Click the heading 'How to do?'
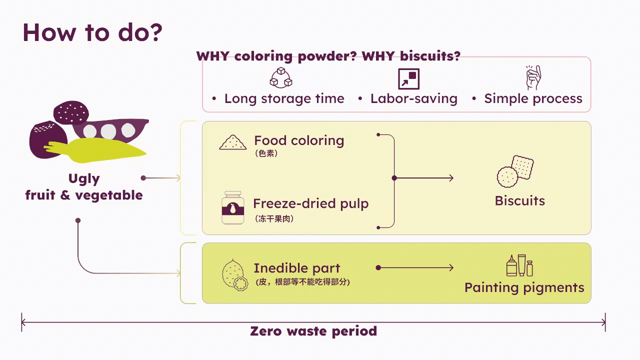click(x=92, y=32)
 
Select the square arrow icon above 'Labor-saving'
click(x=408, y=78)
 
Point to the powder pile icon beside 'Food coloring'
click(x=233, y=143)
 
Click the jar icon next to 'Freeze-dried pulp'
click(x=233, y=207)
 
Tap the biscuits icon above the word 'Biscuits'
click(x=515, y=170)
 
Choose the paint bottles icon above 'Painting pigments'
click(x=519, y=265)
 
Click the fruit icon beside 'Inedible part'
click(x=234, y=275)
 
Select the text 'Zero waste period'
click(x=313, y=331)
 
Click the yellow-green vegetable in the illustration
click(x=100, y=149)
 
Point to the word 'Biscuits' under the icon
click(x=519, y=201)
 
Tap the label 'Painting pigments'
click(x=524, y=287)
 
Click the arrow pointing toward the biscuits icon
click(x=425, y=177)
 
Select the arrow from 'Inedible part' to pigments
click(x=415, y=268)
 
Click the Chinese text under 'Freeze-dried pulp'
click(x=273, y=218)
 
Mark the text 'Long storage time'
click(x=284, y=98)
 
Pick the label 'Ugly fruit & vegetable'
click(x=84, y=187)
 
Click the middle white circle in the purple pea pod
click(x=108, y=131)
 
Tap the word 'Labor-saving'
click(x=413, y=98)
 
